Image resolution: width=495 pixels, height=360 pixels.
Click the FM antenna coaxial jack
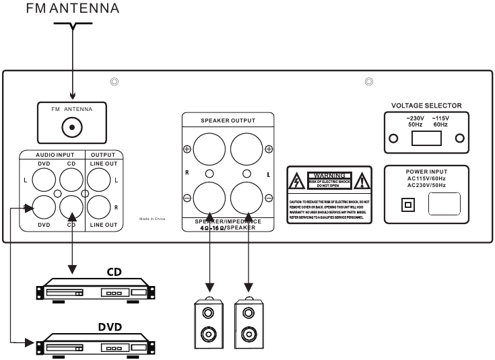point(73,127)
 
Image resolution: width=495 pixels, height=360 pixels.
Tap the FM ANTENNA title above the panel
point(72,9)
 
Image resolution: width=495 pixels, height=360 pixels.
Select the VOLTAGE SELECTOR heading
point(426,106)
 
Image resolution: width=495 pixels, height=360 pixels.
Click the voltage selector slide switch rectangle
point(426,139)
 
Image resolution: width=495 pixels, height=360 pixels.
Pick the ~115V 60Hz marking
point(440,121)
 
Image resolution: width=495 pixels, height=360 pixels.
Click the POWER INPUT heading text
point(426,172)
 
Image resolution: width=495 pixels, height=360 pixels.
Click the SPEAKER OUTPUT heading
point(228,120)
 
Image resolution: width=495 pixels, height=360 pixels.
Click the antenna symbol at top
point(72,28)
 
